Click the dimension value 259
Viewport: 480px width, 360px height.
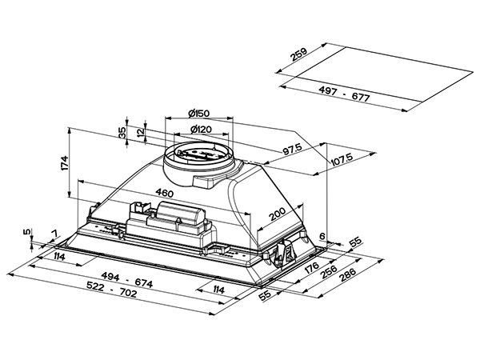click(x=298, y=57)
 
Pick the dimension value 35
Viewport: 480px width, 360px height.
click(x=122, y=133)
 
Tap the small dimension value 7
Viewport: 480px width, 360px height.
click(x=53, y=234)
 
